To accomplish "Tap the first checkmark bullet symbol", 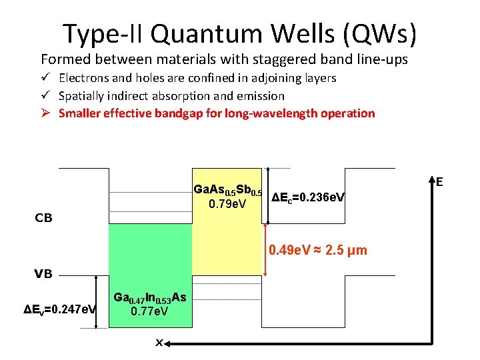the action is point(46,78).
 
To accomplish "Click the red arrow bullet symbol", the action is point(46,113).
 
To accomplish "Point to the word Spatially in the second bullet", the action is point(82,96).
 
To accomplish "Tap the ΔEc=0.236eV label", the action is point(308,197).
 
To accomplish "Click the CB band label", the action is point(44,217).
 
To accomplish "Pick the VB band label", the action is point(44,273).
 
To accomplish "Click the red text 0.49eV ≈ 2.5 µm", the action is point(317,251).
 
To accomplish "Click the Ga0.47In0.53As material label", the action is point(150,298).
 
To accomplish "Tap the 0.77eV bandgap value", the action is point(149,311).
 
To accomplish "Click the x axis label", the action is point(159,342).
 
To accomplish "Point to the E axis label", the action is point(440,181).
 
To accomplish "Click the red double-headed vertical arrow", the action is point(267,249).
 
